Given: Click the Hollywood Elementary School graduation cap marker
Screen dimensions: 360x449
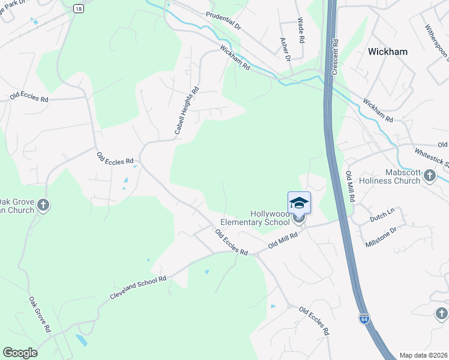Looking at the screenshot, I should click(299, 203).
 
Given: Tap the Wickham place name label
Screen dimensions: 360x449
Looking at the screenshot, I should click(387, 52).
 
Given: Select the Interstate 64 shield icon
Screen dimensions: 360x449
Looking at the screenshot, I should click(364, 319).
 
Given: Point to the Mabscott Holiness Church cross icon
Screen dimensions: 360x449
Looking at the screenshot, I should click(429, 175).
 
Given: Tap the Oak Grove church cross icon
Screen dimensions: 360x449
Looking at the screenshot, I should click(43, 206).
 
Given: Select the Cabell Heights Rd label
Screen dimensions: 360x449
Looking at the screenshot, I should click(186, 111).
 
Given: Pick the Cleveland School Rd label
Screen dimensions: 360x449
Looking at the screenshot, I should click(137, 289).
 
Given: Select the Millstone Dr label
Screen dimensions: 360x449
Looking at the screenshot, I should click(381, 238).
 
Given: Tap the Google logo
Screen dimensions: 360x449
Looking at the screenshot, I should click(20, 353).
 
